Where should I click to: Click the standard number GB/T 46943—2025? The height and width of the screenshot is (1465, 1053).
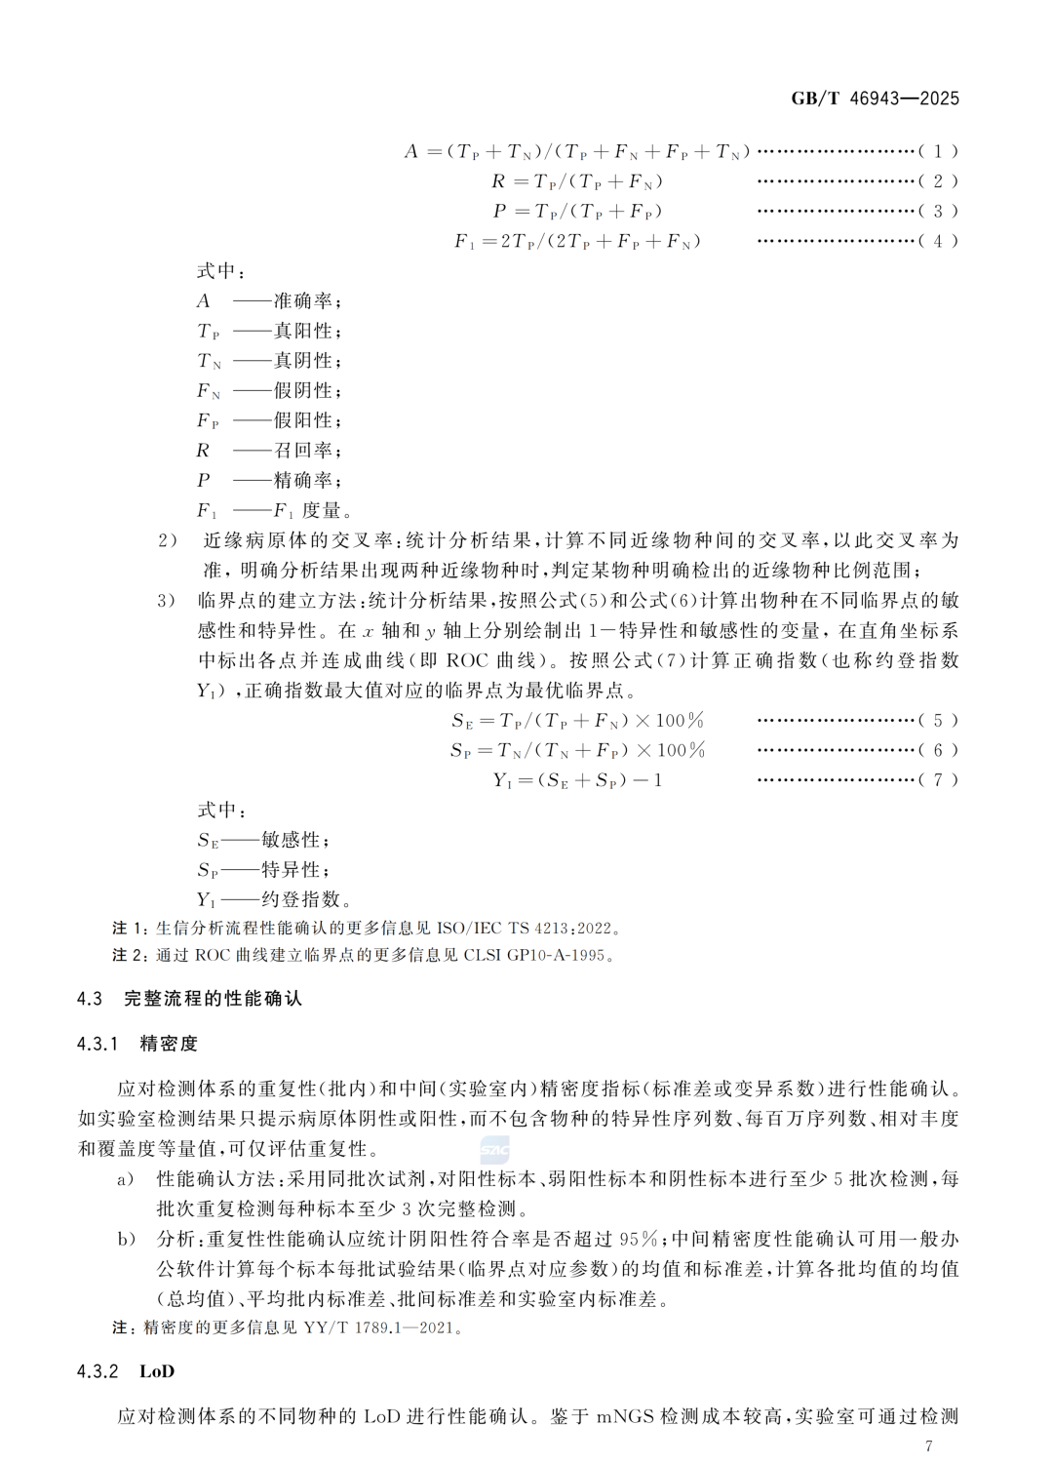[x=875, y=99]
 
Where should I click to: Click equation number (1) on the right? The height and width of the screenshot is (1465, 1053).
[x=938, y=151]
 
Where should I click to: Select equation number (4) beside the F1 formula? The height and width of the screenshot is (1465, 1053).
[x=938, y=241]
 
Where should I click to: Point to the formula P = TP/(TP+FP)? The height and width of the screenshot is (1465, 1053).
[x=577, y=212]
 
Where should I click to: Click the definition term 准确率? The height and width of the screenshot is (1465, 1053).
[x=306, y=301]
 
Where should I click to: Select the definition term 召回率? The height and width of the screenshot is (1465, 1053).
[x=306, y=451]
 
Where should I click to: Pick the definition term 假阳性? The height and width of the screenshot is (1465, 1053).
[x=306, y=420]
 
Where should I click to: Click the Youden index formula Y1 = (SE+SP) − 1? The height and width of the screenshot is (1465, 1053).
[x=577, y=780]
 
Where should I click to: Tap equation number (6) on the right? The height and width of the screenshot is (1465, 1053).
[x=938, y=750]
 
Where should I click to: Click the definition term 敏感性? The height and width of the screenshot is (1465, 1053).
[x=293, y=840]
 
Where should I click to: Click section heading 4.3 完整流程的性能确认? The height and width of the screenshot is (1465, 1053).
[x=190, y=999]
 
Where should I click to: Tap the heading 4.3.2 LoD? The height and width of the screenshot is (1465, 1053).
[x=126, y=1371]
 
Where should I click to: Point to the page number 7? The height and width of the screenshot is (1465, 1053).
[x=928, y=1446]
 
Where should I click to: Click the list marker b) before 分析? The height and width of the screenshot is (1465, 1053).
[x=126, y=1239]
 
